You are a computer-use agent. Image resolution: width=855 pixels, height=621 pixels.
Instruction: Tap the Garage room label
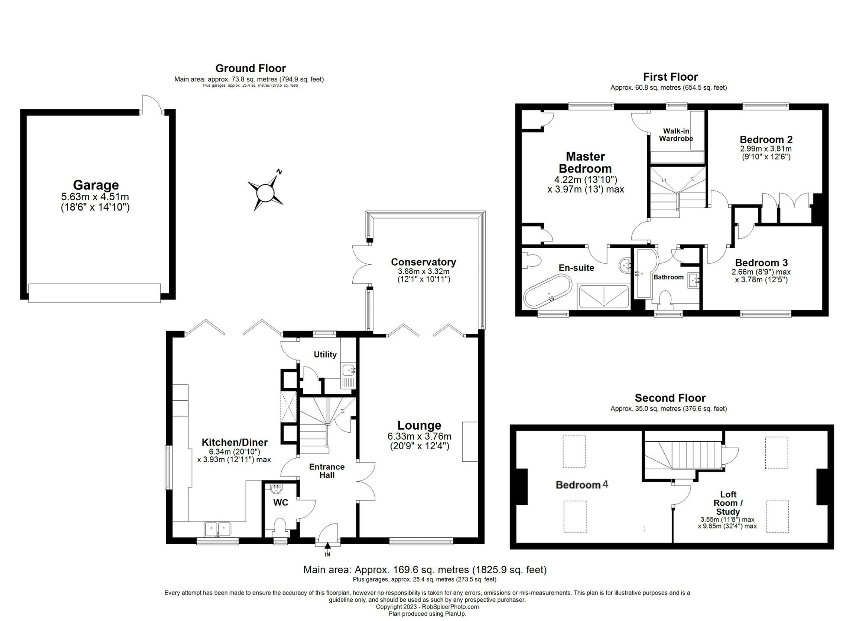tap(96, 185)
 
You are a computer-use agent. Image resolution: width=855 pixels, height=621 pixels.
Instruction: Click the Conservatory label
tap(423, 262)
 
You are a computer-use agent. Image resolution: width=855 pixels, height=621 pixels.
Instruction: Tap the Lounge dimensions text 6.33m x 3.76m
tap(419, 436)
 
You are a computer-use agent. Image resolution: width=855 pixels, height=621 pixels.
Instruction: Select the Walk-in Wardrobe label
tap(676, 135)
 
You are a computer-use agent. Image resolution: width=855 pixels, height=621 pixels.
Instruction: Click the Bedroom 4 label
tap(581, 484)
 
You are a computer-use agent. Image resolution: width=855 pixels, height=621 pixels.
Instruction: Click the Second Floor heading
tap(670, 398)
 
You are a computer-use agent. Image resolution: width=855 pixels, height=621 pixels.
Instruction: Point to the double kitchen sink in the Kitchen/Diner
tap(218, 529)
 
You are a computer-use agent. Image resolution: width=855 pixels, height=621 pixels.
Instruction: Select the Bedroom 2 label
tap(766, 139)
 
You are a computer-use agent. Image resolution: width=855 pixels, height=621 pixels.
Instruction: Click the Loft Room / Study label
tap(728, 503)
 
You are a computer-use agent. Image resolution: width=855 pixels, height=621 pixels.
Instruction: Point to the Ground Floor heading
tap(251, 68)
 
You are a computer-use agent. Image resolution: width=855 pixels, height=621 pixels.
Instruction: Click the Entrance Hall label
tap(327, 471)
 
